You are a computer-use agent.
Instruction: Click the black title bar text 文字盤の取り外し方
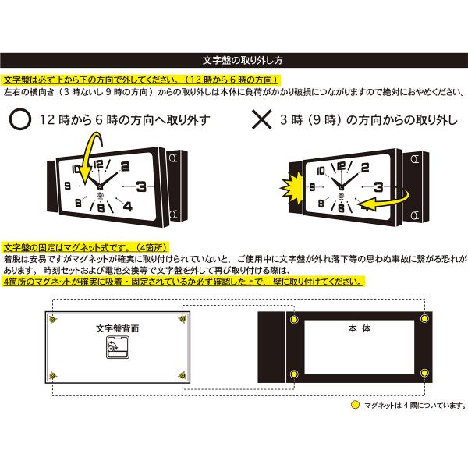point(243,60)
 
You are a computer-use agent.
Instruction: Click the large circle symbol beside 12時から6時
point(20,119)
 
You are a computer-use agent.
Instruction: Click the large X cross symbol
point(262,119)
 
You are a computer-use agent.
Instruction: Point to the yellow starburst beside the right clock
point(292,188)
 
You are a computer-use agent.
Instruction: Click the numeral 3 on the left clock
point(141,186)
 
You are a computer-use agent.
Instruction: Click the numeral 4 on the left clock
point(128,206)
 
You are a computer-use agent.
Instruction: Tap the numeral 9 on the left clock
point(67,186)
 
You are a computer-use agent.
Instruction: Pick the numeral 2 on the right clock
point(365,168)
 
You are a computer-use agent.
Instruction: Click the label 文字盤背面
point(117,328)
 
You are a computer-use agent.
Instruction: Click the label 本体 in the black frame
point(359,328)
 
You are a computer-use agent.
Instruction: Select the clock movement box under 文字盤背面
point(118,347)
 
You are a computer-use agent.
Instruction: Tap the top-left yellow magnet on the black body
point(294,320)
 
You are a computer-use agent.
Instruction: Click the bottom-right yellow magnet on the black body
point(424,373)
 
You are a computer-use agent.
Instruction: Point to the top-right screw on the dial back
point(183,319)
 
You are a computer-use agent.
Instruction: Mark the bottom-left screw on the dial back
point(53,375)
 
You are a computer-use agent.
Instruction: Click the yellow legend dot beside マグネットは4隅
point(355,405)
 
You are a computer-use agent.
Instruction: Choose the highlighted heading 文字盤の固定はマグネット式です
point(86,248)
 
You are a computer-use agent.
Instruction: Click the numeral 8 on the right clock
point(321,204)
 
